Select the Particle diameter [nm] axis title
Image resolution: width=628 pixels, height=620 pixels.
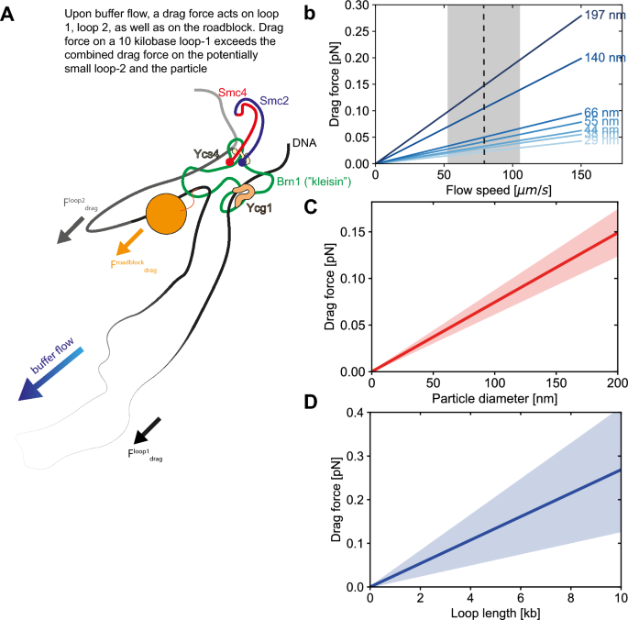(493, 400)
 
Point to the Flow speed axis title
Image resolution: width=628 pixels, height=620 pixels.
(493, 191)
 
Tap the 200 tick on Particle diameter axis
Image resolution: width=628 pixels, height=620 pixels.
(617, 382)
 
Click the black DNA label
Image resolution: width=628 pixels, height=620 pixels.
(303, 144)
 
